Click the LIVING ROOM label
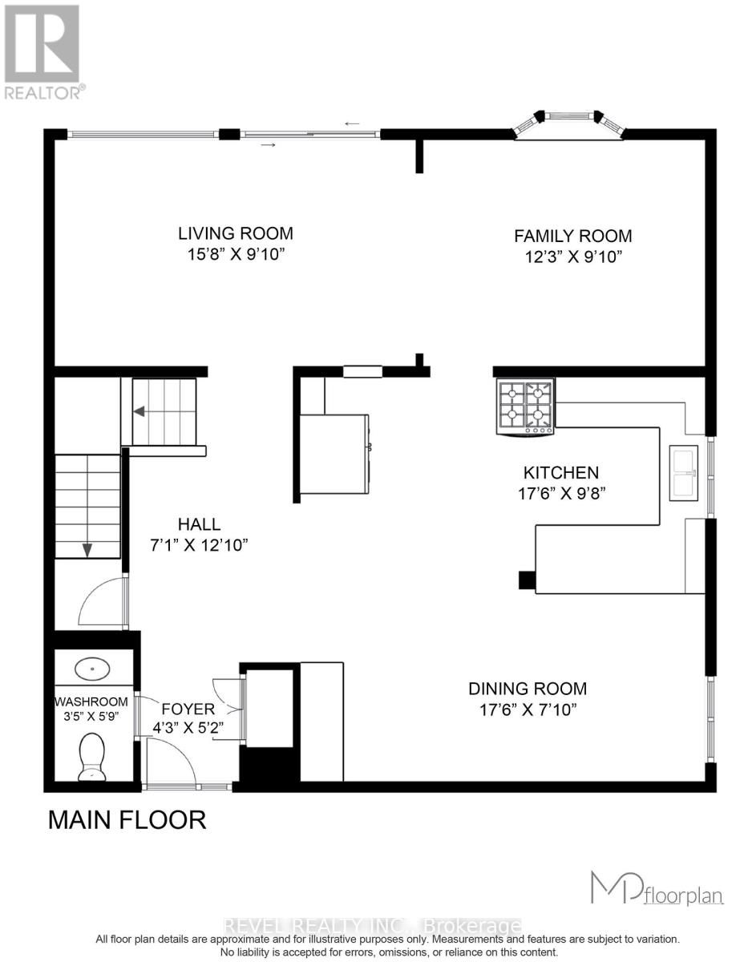235,233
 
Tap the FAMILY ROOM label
572,236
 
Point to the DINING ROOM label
528,688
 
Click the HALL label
199,524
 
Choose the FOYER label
188,709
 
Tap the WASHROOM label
91,701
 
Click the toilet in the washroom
94,758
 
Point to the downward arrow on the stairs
87,550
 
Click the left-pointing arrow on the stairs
139,411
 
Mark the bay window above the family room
568,122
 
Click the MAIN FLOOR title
127,820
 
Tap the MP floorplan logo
656,888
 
